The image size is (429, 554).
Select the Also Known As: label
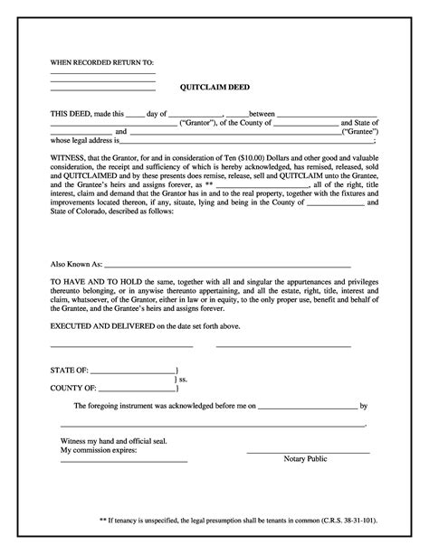click(x=76, y=267)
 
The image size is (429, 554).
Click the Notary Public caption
click(x=305, y=459)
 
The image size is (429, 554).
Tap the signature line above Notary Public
click(x=308, y=452)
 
